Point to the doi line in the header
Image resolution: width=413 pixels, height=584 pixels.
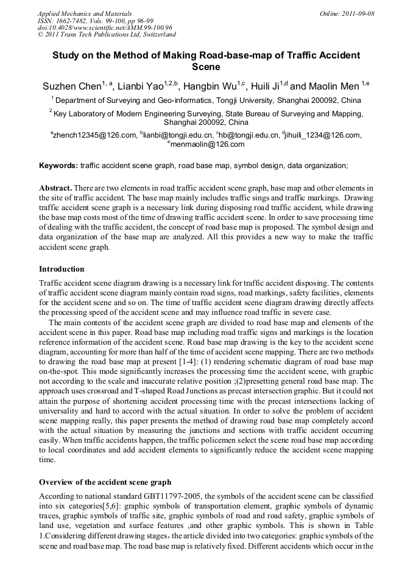105,27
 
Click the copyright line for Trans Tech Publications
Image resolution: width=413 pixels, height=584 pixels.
107,35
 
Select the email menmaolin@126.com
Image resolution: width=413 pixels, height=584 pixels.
207,144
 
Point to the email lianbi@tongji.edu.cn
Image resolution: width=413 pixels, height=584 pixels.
177,135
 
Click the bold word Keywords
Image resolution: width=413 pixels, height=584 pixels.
58,165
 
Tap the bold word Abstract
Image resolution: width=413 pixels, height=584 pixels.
56,187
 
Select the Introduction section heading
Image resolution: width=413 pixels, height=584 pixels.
62,269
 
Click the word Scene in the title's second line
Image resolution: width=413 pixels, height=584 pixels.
206,67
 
